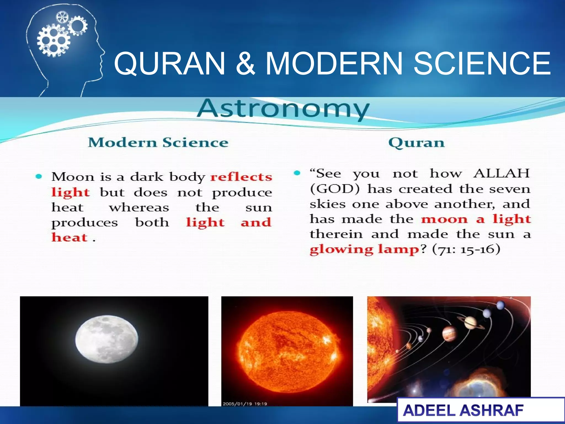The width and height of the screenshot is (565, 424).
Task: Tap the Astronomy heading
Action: click(x=283, y=109)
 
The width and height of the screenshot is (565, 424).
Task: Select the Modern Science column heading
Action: click(x=158, y=143)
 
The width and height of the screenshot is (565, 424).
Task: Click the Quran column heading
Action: click(x=416, y=143)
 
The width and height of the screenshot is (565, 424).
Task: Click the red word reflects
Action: click(x=241, y=177)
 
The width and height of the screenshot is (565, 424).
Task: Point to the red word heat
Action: click(x=70, y=237)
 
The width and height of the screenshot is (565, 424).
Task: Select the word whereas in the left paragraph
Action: click(x=139, y=208)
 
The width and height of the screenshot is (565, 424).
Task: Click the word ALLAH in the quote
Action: click(x=501, y=174)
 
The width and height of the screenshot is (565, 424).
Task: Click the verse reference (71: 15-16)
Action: click(x=466, y=250)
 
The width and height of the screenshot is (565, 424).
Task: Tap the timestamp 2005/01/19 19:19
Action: click(x=245, y=404)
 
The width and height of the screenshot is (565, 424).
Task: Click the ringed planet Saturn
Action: click(x=471, y=322)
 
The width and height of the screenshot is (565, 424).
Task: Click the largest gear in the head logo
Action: click(x=54, y=41)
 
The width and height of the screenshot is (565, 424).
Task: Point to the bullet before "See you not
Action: click(x=297, y=173)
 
